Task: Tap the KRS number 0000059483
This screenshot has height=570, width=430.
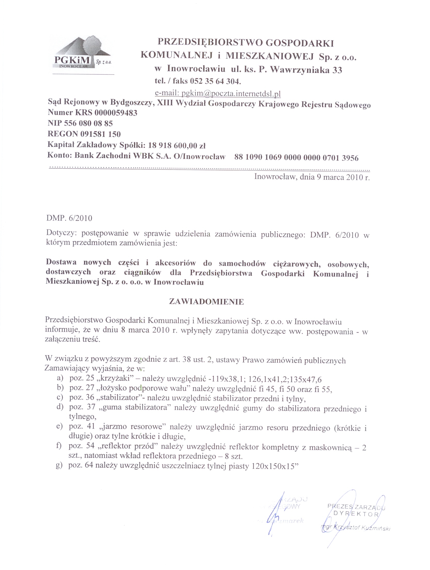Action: pyautogui.click(x=116, y=113)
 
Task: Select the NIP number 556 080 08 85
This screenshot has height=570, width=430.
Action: pyautogui.click(x=88, y=124)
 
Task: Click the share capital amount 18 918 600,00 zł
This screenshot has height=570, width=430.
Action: pyautogui.click(x=177, y=146)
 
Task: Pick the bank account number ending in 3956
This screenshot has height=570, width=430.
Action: pyautogui.click(x=296, y=158)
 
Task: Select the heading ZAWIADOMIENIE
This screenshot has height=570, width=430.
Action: pyautogui.click(x=206, y=302)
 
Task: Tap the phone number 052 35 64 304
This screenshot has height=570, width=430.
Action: pyautogui.click(x=215, y=81)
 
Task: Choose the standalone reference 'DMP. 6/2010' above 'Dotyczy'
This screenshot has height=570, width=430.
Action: pyautogui.click(x=69, y=218)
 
